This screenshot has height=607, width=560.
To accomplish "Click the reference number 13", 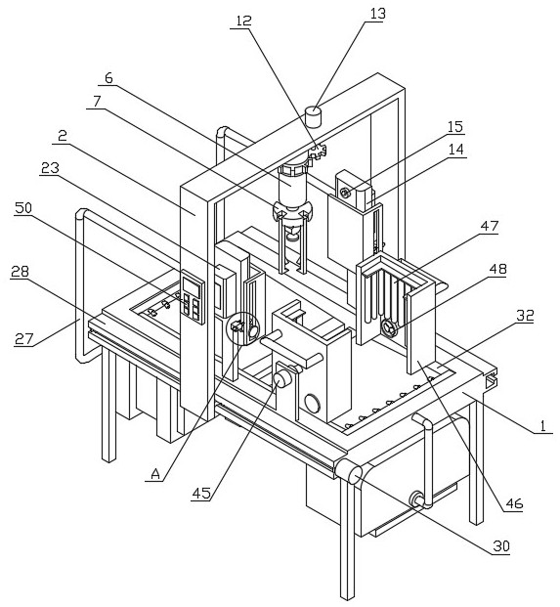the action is tap(377, 13).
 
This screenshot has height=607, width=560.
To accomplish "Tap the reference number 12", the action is tap(243, 21).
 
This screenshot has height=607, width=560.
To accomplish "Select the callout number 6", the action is tap(108, 78).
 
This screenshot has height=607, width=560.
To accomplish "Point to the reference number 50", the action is tap(22, 208).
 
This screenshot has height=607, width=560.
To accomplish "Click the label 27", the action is tap(23, 339).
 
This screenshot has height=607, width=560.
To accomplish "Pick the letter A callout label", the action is tap(155, 473).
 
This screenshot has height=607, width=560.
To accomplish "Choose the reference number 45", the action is tap(201, 493).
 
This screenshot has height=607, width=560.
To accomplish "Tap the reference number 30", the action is tap(501, 546).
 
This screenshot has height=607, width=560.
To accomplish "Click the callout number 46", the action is tap(514, 503).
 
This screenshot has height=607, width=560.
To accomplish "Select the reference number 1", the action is tap(543, 426).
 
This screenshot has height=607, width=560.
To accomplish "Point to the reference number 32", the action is tap(525, 316).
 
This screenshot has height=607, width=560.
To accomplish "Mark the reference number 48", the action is tap(498, 269).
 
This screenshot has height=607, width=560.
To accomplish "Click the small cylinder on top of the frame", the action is tap(314, 116).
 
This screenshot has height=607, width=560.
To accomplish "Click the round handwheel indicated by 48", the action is tap(389, 329).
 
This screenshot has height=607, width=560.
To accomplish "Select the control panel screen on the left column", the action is tap(193, 287).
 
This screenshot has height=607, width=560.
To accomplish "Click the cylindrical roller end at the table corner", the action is tap(350, 471).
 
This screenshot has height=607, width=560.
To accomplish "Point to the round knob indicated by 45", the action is tap(282, 379).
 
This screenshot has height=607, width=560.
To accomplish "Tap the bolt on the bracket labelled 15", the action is tap(344, 192).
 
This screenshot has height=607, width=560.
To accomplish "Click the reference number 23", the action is tap(50, 167).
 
